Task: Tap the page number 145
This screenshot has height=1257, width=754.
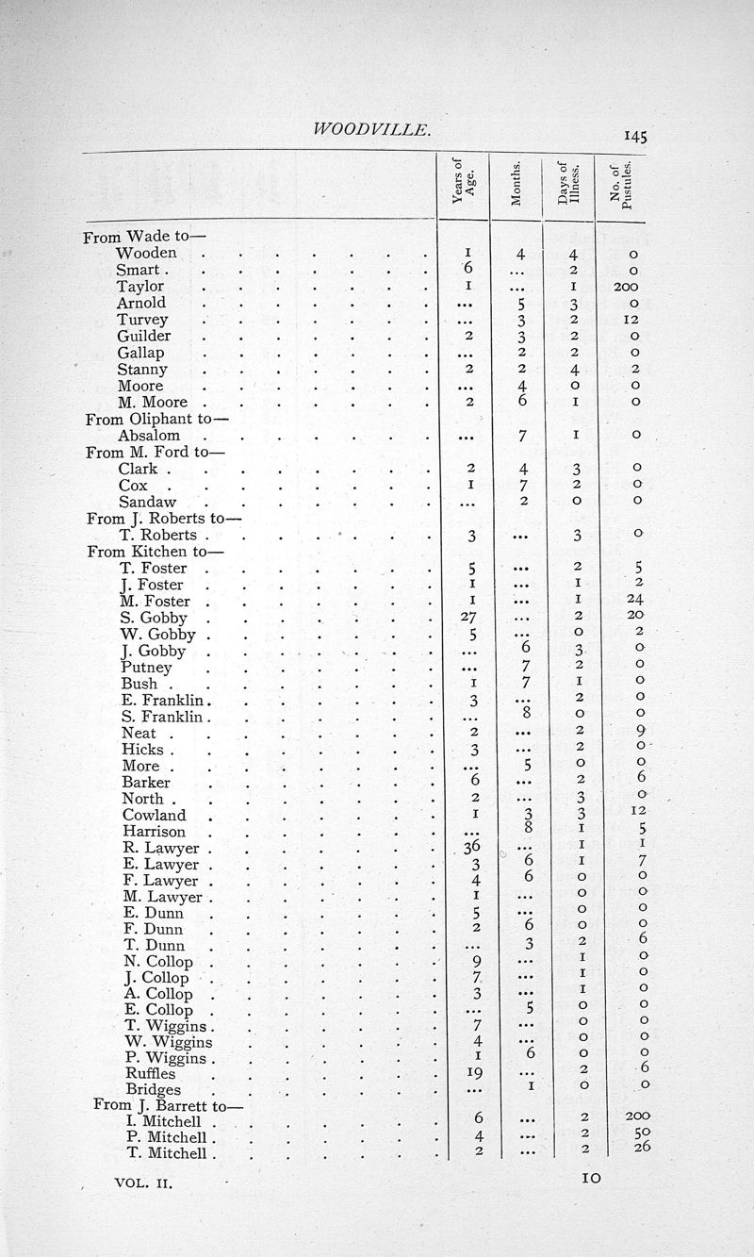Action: (634, 136)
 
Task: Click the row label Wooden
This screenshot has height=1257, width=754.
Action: (146, 253)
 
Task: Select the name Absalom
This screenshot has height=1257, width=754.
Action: (149, 436)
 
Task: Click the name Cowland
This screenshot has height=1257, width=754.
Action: (154, 816)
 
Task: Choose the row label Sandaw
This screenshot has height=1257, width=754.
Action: (148, 503)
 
